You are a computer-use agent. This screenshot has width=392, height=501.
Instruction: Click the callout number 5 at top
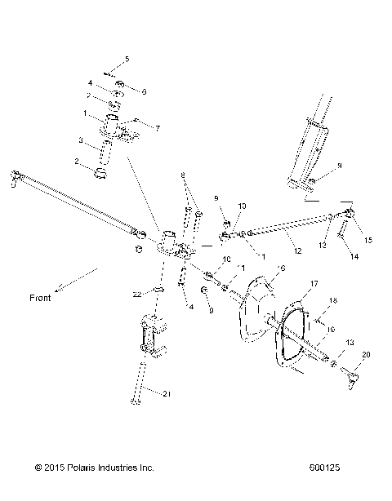pos(127,60)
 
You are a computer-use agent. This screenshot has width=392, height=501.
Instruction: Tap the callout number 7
pos(158,128)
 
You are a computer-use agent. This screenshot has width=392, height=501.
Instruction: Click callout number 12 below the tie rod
pos(296,250)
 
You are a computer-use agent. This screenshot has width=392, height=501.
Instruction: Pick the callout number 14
pos(354,255)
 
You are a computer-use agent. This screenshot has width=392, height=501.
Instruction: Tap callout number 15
pos(367,240)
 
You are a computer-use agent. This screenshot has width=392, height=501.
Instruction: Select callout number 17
pos(312,283)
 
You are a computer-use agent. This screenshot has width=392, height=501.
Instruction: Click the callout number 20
pos(365,354)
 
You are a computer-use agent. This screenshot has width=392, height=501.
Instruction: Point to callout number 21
pos(167,396)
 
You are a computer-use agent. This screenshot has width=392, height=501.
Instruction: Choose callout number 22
pos(138,293)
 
